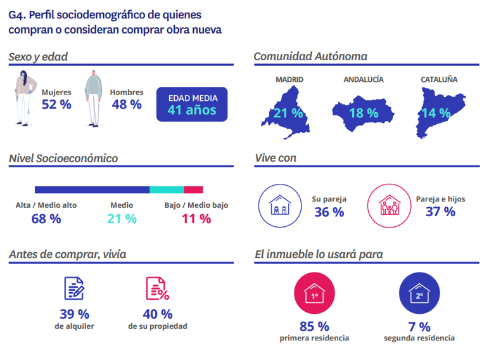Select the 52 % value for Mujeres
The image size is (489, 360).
[56, 105]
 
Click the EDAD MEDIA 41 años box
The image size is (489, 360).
[191, 105]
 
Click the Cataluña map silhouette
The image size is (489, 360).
[438, 112]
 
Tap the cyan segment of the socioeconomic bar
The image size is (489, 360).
[167, 190]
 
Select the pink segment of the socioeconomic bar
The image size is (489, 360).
[193, 190]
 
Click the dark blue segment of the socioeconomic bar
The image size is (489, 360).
[92, 190]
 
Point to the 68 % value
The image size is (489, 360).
[46, 219]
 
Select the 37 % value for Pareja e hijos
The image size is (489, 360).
[440, 212]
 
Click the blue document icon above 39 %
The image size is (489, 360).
[74, 288]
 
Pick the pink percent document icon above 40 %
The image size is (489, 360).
[158, 288]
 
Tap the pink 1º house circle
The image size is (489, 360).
[314, 295]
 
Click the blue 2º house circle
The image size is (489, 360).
[419, 295]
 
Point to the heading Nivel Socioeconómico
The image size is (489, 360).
[63, 158]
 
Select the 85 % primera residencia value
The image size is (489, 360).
[314, 326]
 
